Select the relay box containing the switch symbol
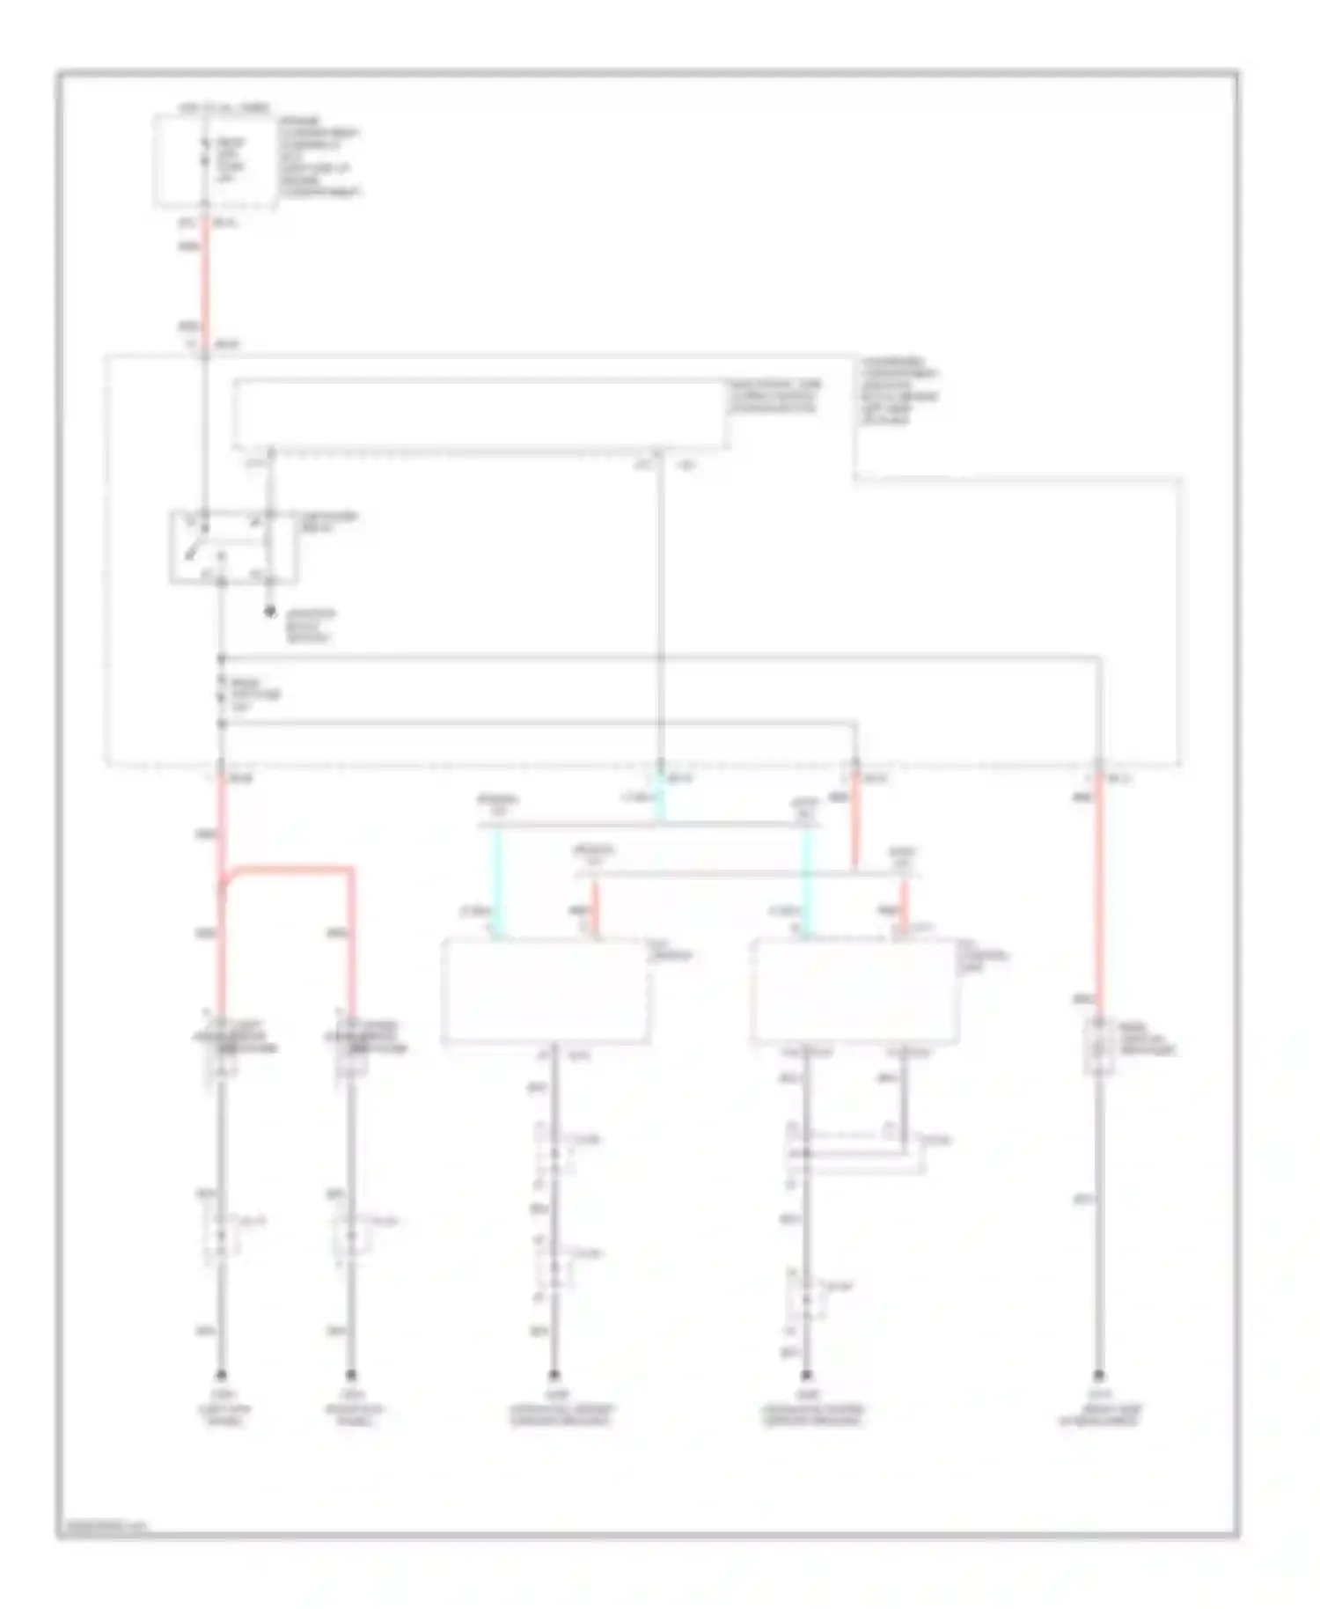[x=233, y=547]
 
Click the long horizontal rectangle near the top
[x=480, y=415]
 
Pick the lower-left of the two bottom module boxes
[x=546, y=992]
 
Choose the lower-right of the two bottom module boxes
[x=854, y=992]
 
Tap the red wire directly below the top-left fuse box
[x=206, y=282]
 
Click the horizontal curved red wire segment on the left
[x=290, y=871]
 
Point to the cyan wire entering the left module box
[x=498, y=882]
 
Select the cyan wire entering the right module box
[x=806, y=882]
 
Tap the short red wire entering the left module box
[x=595, y=908]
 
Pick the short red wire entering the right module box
[x=904, y=907]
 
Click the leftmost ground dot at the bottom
[x=222, y=1375]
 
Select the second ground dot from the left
[x=351, y=1375]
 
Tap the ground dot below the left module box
[x=554, y=1375]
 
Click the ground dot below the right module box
[x=806, y=1375]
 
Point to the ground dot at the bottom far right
[x=1098, y=1375]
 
